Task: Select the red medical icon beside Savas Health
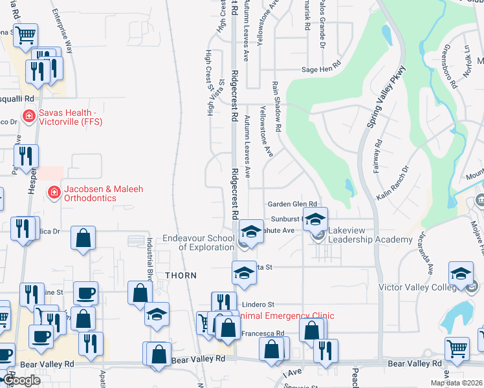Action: [28, 116]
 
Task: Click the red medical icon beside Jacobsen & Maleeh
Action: [55, 192]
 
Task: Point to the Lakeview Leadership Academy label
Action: [370, 235]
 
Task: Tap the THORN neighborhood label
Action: [181, 275]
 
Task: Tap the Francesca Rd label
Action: [263, 334]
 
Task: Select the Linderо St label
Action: [258, 304]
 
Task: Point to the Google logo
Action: [21, 380]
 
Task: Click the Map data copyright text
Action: [456, 383]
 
